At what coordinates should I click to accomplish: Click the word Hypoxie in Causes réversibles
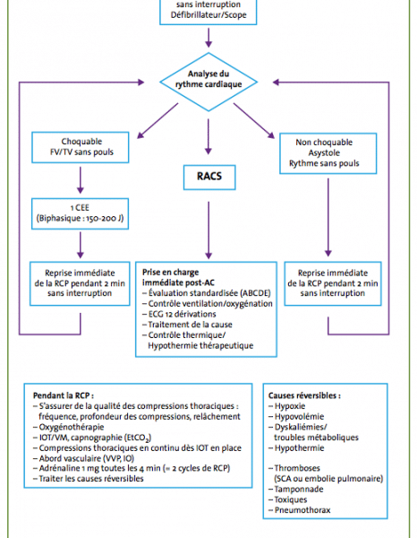(x=290, y=406)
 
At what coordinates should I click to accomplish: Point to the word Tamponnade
(x=299, y=490)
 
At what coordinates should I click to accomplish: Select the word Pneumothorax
(x=302, y=510)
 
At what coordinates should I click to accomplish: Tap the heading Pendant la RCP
(x=64, y=395)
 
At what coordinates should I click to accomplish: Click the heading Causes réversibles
(x=304, y=395)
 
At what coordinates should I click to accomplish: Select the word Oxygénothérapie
(x=72, y=427)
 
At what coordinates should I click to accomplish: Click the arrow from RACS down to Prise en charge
(x=208, y=230)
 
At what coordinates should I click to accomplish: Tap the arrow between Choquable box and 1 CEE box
(x=81, y=180)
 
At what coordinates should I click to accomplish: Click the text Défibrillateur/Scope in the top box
(x=208, y=15)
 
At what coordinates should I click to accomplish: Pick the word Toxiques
(x=291, y=500)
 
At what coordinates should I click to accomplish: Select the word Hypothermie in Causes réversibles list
(x=299, y=448)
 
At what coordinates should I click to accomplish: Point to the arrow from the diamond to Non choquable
(x=254, y=121)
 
